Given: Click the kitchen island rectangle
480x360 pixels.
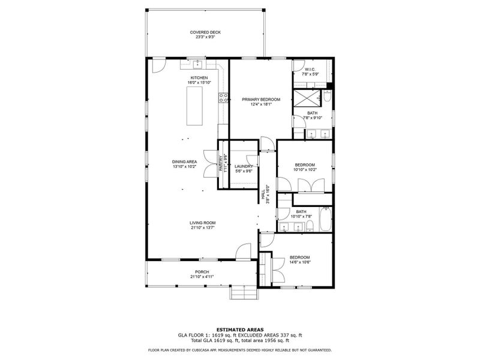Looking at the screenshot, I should (196, 106).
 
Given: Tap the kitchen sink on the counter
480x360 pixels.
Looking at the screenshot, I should (197, 63).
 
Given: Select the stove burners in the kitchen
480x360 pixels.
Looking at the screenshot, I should (224, 97).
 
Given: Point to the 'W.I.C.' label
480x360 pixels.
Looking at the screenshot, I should (310, 70).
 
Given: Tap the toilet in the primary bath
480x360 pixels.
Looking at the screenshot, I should (327, 96).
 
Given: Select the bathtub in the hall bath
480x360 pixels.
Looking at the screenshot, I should (324, 220).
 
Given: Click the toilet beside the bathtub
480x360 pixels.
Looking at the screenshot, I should (310, 226).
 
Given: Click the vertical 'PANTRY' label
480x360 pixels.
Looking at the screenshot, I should (221, 164).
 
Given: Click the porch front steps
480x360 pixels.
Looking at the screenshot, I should (243, 292).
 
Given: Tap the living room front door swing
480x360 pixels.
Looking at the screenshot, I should (244, 252).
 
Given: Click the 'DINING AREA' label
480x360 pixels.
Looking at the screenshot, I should (185, 161).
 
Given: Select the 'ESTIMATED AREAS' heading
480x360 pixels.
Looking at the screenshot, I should (239, 329).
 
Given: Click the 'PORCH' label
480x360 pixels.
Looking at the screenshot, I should (202, 272).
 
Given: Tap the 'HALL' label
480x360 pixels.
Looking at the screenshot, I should (263, 194).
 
